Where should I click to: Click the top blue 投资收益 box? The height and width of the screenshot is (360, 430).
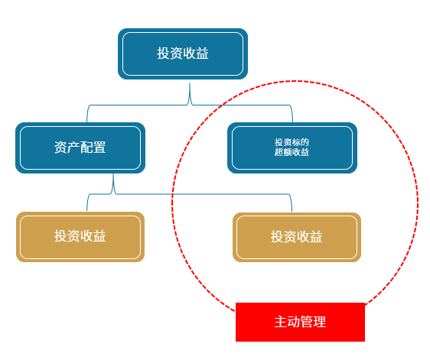[183, 54]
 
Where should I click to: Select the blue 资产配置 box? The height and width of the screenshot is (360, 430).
[80, 148]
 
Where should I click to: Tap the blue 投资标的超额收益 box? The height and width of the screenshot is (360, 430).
[292, 148]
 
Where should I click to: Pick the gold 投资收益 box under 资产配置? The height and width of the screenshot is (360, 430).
[80, 237]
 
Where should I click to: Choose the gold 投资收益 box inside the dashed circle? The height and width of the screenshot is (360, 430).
[297, 237]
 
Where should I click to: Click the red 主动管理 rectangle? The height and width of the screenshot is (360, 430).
[300, 322]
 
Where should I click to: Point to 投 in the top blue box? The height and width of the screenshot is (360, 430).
[164, 54]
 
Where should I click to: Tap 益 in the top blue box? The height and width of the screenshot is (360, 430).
[203, 54]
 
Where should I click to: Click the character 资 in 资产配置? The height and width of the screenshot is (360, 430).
[60, 148]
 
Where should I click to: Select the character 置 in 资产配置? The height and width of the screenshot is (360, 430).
[99, 148]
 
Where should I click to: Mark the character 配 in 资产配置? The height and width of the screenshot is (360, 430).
[86, 148]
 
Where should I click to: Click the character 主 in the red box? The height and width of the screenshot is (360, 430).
[281, 322]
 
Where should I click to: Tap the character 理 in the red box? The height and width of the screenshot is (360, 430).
[320, 322]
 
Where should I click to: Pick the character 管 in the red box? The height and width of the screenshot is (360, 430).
[307, 322]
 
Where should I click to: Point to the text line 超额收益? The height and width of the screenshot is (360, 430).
[292, 152]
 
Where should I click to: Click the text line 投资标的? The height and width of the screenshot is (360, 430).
[292, 142]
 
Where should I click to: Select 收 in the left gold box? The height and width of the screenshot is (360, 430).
[86, 236]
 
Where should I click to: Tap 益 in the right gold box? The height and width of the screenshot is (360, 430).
[316, 237]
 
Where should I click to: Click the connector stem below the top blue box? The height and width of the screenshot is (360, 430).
[190, 94]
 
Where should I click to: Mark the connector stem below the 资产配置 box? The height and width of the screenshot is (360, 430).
[113, 183]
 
